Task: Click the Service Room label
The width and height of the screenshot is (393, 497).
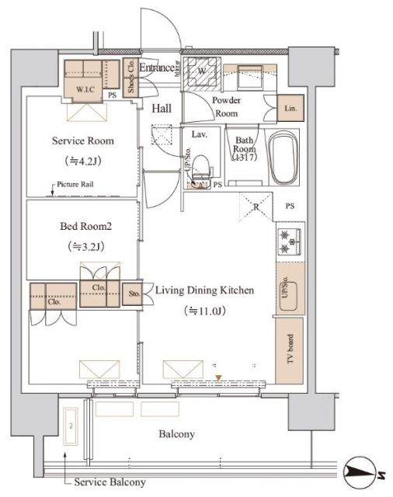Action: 82,141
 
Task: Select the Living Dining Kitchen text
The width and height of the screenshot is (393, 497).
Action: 204,290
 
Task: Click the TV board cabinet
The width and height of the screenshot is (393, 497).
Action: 290,351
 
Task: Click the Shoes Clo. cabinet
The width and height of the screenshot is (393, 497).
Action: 130,78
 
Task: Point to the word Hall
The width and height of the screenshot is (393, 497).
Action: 162,109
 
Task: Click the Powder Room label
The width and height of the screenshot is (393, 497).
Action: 226,106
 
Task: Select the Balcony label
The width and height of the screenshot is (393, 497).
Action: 177,434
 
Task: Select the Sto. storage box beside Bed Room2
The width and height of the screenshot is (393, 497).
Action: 131,294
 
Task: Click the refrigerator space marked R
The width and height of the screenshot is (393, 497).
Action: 256,207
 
